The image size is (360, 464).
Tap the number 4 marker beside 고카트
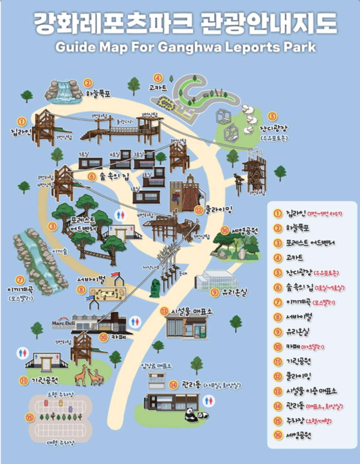point(158,78)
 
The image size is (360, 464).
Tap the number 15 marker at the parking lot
point(30,417)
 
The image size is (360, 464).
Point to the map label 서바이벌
point(92,280)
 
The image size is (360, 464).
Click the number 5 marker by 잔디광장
point(272,116)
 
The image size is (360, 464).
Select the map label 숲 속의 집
point(114,176)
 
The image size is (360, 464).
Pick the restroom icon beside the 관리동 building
point(210,400)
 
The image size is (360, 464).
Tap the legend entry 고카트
point(294,258)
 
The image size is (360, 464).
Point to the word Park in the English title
point(300,47)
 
